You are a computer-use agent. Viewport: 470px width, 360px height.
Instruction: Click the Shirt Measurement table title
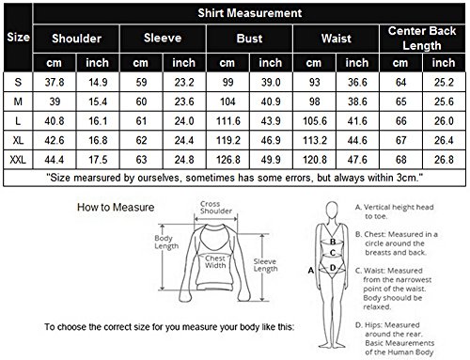click(x=250, y=13)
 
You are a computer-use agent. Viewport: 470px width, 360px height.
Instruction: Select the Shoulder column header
click(x=76, y=39)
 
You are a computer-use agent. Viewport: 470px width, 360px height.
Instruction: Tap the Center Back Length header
click(x=422, y=39)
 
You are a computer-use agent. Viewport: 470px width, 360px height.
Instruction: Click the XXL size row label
click(x=18, y=160)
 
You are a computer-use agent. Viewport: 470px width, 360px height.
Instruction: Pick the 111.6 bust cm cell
click(x=228, y=121)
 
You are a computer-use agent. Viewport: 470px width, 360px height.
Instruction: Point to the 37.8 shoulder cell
click(x=55, y=83)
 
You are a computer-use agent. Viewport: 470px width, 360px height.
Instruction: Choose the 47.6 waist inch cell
click(x=357, y=160)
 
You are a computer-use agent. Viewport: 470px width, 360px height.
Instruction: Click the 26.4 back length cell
click(x=444, y=140)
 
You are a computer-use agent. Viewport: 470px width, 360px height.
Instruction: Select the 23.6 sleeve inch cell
click(x=184, y=102)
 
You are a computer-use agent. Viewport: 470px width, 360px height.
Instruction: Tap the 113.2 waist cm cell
click(x=315, y=140)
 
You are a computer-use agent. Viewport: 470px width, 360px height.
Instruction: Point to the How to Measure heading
click(x=116, y=207)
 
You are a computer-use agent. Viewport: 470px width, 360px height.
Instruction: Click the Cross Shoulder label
click(x=216, y=208)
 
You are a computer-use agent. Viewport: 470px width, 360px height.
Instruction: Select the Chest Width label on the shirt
click(x=215, y=262)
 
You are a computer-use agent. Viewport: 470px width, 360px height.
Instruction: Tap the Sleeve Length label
click(x=265, y=265)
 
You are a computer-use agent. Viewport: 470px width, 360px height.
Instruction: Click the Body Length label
click(x=166, y=243)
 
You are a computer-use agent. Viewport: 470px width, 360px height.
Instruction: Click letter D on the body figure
click(x=333, y=268)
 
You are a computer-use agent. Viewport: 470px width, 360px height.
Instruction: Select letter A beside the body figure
click(x=311, y=270)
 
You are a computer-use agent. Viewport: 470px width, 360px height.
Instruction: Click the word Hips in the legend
click(x=373, y=325)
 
